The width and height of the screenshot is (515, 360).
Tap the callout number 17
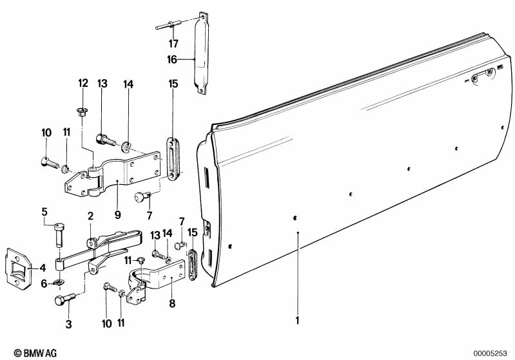click(x=173, y=44)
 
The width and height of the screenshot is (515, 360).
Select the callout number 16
click(x=172, y=59)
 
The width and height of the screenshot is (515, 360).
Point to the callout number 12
click(x=83, y=82)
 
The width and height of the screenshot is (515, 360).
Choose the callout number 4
click(x=43, y=267)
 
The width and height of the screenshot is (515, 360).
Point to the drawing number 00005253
click(x=493, y=353)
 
